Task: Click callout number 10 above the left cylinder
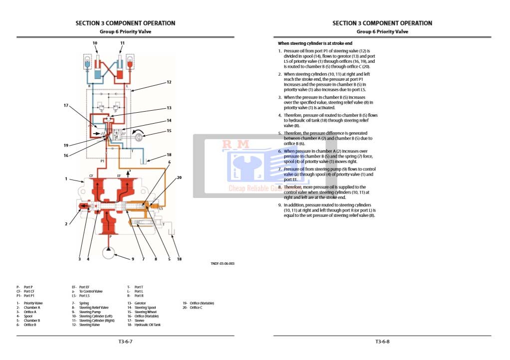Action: [95, 43]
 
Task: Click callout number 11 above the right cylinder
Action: [122, 43]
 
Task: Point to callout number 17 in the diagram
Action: [66, 105]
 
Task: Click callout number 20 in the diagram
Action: [179, 177]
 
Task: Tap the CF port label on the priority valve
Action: [91, 176]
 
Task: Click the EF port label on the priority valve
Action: [119, 176]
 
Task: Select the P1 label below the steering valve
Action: [102, 162]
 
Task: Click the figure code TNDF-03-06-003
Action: [223, 264]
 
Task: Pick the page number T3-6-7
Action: [125, 342]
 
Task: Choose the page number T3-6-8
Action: [382, 342]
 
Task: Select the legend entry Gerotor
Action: [139, 303]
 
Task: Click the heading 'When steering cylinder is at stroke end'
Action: [315, 43]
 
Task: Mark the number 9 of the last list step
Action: [280, 205]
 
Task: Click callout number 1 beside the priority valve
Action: [66, 179]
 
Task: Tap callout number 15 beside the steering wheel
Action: [169, 131]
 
